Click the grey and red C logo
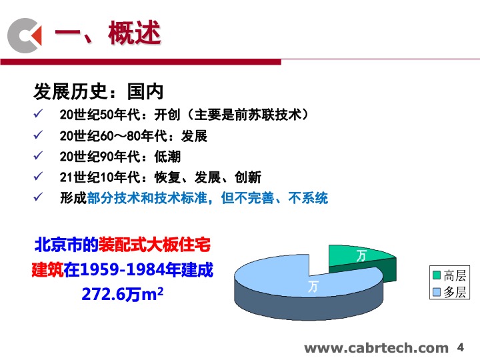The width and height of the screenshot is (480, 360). click(24, 35)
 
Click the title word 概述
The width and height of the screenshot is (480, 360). click(135, 33)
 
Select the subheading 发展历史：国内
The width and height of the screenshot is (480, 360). click(98, 91)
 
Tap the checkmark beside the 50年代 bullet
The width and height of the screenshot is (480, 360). click(38, 114)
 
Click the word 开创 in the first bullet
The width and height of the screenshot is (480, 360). click(167, 115)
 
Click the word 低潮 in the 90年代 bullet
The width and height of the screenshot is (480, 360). click(167, 157)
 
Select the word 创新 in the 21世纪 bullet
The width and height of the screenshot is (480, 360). click(248, 177)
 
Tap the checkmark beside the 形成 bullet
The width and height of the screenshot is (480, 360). click(38, 197)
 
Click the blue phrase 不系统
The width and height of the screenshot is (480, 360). click(308, 198)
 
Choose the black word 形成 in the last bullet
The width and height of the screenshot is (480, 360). click(73, 198)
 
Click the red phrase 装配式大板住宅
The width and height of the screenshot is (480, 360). click(155, 245)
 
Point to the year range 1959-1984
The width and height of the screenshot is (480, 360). click(122, 270)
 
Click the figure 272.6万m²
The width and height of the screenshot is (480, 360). click(123, 295)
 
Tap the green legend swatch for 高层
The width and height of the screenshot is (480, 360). click(437, 275)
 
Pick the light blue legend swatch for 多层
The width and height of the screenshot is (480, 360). click(437, 293)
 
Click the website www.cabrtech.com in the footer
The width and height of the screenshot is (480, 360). click(376, 349)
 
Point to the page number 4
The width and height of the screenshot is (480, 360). click(461, 347)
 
